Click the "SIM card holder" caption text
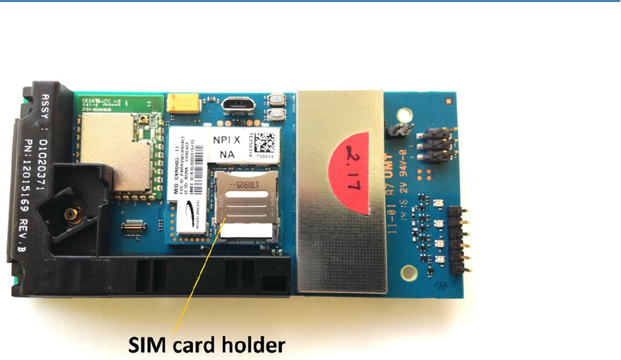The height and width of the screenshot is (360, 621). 207,345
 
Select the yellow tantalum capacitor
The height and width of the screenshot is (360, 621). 180,102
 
